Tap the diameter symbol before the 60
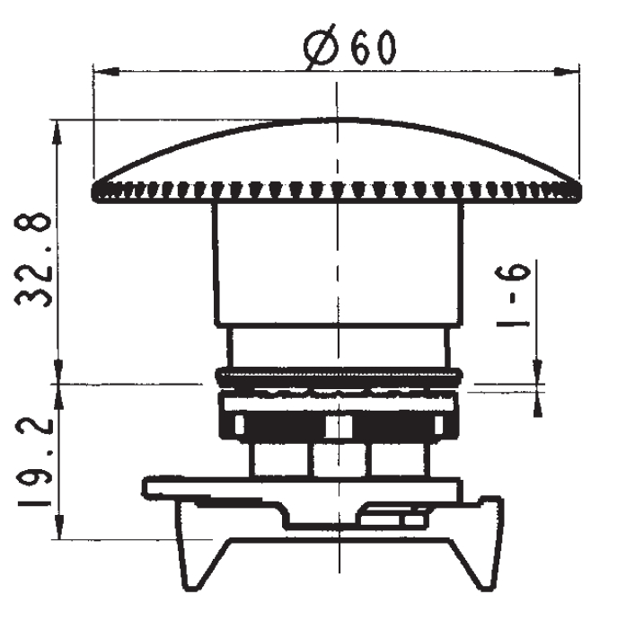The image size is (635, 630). click(x=322, y=50)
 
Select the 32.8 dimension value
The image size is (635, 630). click(x=34, y=261)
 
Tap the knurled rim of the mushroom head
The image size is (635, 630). click(x=336, y=190)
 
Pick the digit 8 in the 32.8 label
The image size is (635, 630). click(x=34, y=229)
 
